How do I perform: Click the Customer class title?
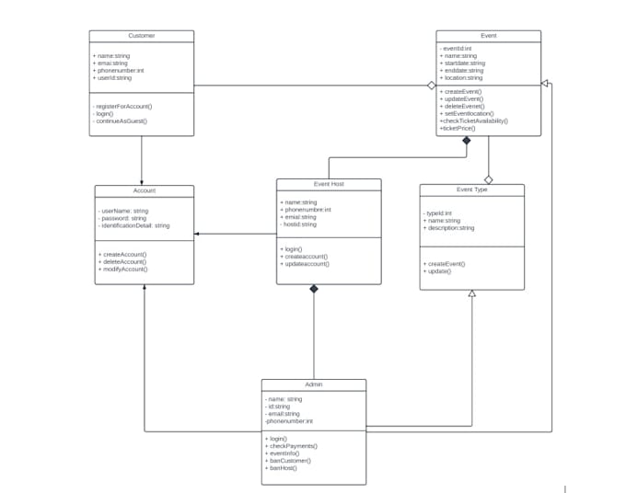[141, 36]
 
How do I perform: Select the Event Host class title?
[329, 184]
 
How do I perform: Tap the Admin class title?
[313, 384]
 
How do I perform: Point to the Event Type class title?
[471, 189]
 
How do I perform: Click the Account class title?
[145, 190]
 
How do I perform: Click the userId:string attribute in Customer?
[112, 78]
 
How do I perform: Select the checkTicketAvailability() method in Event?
[474, 121]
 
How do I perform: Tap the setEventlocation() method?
[467, 114]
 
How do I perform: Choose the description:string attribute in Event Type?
[449, 228]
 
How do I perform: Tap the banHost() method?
[283, 468]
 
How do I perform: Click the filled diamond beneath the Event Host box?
[314, 290]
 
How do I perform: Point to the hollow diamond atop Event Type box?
[489, 179]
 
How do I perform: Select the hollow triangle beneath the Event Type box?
[471, 293]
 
